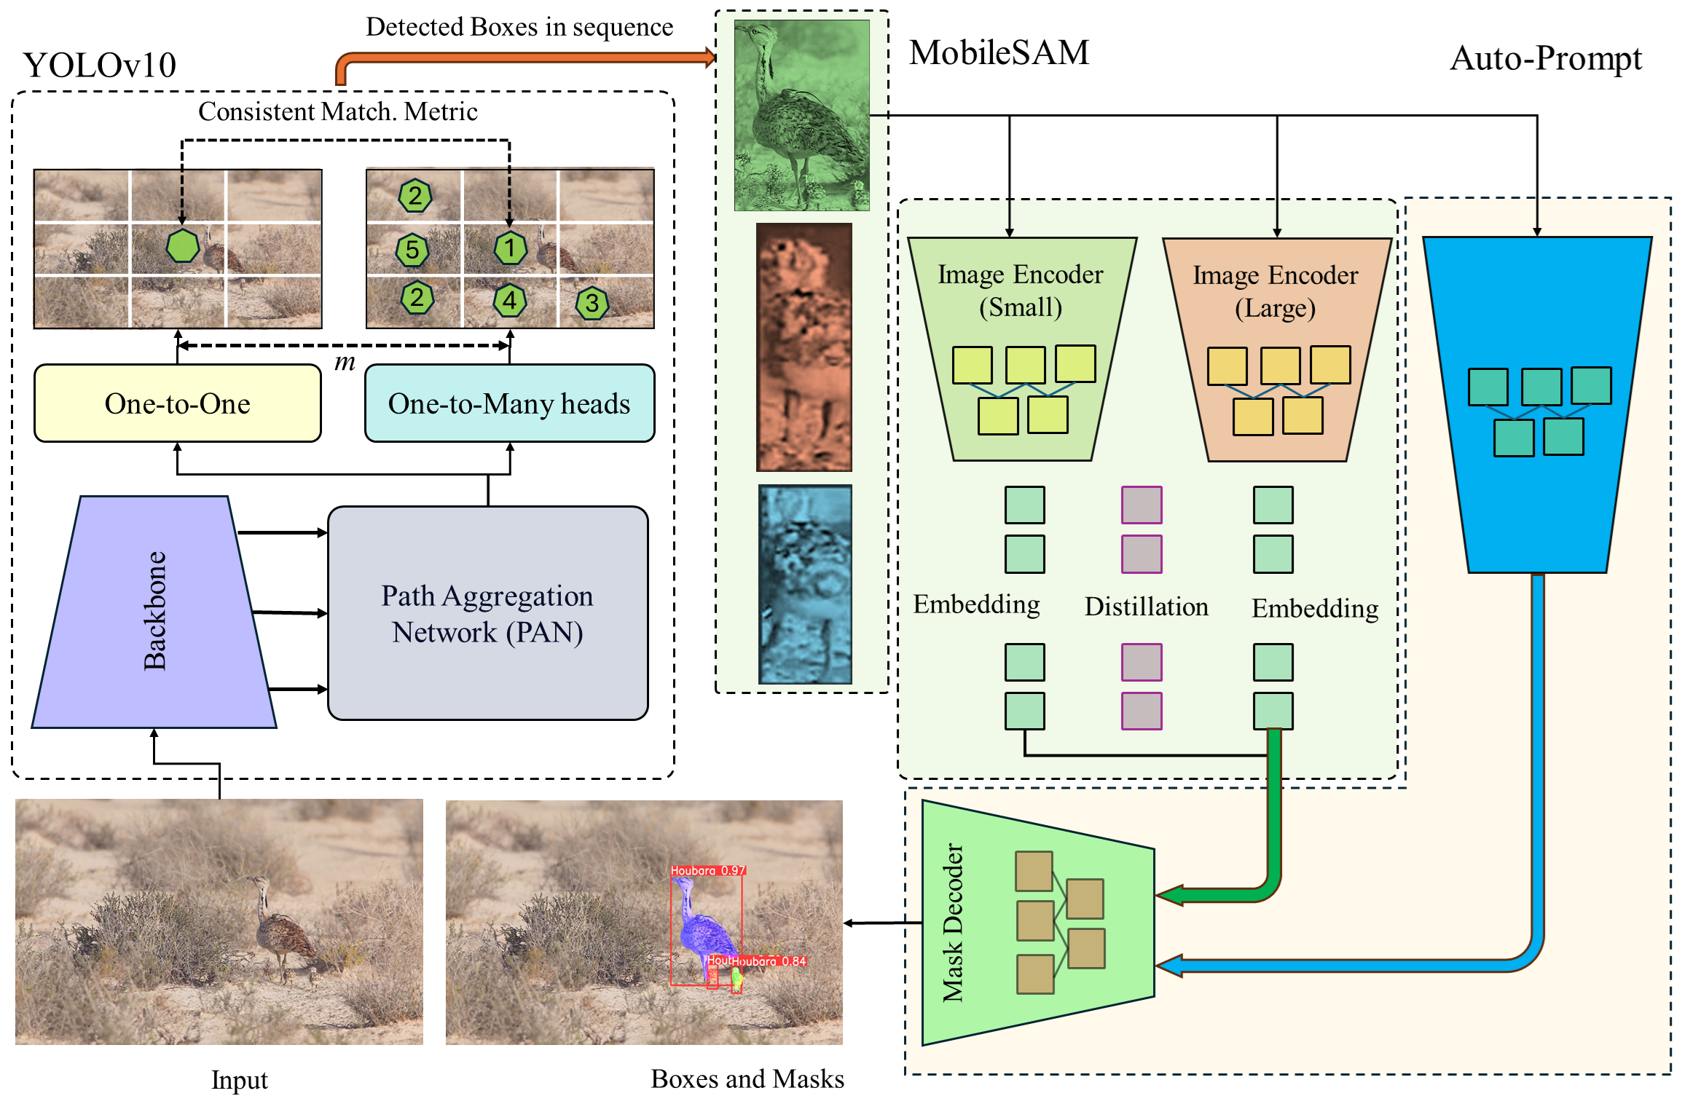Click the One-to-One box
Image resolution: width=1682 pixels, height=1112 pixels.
(x=178, y=403)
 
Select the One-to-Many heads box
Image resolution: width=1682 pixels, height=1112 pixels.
(x=509, y=403)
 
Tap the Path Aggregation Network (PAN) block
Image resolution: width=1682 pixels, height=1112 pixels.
(x=487, y=613)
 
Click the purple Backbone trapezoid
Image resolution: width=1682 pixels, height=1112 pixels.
(x=154, y=612)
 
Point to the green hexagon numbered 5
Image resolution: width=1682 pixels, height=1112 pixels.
(x=412, y=250)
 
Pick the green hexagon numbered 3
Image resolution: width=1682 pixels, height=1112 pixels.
(x=592, y=303)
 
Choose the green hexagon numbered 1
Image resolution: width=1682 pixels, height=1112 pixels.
(x=510, y=248)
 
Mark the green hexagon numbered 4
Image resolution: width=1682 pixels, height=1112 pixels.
(x=510, y=300)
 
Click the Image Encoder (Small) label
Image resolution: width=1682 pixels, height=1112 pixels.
(x=1020, y=291)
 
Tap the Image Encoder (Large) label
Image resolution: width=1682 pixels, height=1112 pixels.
(x=1275, y=291)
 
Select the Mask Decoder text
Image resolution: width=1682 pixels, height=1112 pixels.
(x=953, y=923)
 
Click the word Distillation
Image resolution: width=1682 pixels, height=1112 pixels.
(x=1146, y=607)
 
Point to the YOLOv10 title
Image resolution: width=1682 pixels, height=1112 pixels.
(x=100, y=66)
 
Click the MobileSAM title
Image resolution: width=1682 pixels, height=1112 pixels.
(x=999, y=52)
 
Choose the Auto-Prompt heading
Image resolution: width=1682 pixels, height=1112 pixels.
(x=1546, y=58)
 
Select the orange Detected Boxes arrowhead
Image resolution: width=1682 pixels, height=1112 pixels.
(x=710, y=57)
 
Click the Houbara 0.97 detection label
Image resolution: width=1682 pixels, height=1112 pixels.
(x=707, y=870)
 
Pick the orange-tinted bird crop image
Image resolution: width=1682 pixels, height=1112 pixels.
(x=803, y=347)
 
